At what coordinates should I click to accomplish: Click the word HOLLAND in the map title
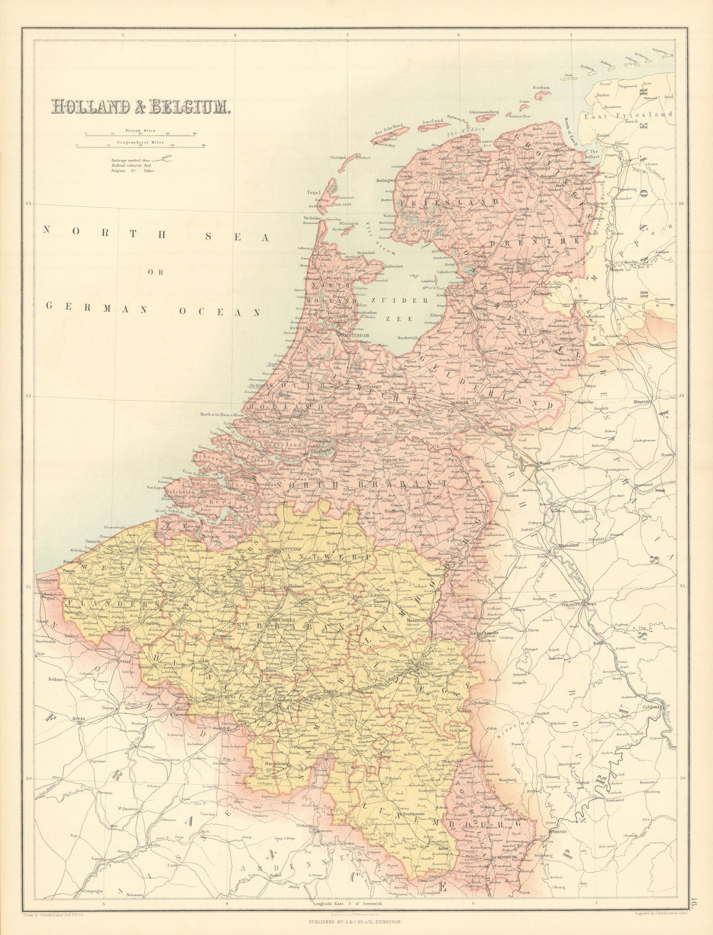point(96,107)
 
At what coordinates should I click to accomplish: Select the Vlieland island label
point(338,158)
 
